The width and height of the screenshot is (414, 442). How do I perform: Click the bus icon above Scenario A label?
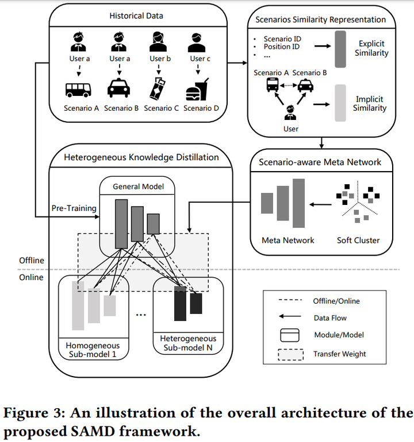pyautogui.click(x=78, y=90)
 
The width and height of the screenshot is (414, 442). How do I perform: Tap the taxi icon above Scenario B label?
pyautogui.click(x=120, y=90)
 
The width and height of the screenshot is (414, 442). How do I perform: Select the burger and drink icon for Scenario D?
pyautogui.click(x=198, y=90)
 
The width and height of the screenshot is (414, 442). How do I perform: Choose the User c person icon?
pyautogui.click(x=197, y=42)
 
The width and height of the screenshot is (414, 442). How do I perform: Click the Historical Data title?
pyautogui.click(x=136, y=15)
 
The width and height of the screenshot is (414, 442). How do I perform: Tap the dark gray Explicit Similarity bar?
pyautogui.click(x=340, y=48)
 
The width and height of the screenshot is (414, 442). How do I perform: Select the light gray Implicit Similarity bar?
pyautogui.click(x=341, y=104)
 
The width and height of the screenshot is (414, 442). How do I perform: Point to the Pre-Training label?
pyautogui.click(x=74, y=208)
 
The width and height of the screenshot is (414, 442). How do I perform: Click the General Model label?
pyautogui.click(x=138, y=186)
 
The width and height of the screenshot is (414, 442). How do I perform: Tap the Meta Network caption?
pyautogui.click(x=288, y=240)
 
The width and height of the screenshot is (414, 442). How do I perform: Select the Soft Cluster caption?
pyautogui.click(x=358, y=240)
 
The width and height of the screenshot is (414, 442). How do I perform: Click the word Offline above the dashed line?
pyautogui.click(x=31, y=260)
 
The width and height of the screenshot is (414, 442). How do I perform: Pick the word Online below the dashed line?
pyautogui.click(x=31, y=277)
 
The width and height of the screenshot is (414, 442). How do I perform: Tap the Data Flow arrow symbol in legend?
pyautogui.click(x=290, y=317)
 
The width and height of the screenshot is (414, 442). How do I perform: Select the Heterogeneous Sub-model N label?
pyautogui.click(x=188, y=343)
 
